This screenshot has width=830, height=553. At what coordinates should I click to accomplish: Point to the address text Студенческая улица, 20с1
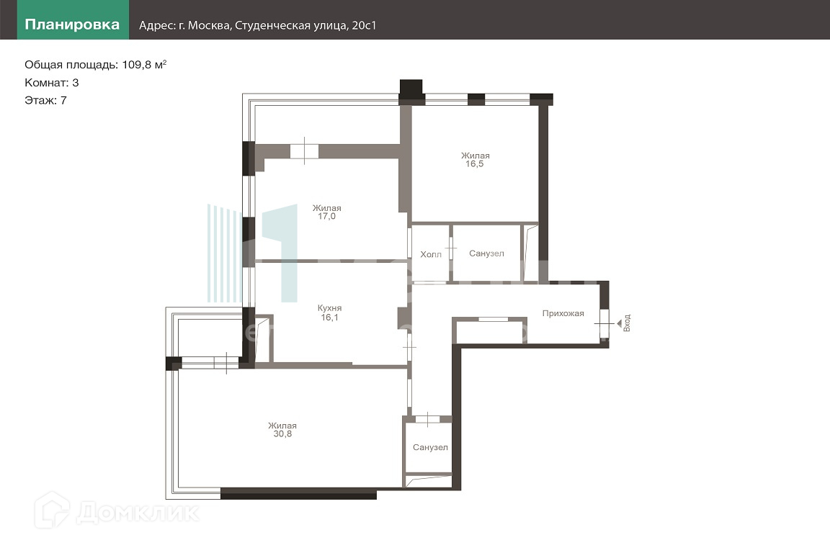[305, 25]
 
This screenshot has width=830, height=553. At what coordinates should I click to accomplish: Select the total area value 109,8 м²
[145, 65]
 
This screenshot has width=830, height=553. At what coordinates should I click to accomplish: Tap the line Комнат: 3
[51, 83]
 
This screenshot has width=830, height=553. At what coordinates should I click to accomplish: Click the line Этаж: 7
[45, 101]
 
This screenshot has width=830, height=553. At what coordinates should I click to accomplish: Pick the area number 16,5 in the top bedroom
[475, 164]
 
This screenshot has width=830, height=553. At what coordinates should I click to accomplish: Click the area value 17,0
[326, 217]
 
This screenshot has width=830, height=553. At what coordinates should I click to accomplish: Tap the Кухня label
[329, 308]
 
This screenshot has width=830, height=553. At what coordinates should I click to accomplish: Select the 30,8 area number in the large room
[282, 434]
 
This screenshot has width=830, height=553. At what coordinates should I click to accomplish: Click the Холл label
[431, 255]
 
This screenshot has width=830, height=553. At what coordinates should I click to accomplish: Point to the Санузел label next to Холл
[486, 253]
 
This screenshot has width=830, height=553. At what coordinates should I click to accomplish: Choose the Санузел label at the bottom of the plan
[430, 448]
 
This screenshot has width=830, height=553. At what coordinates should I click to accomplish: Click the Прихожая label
[563, 313]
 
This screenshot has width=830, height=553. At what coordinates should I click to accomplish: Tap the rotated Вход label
[627, 323]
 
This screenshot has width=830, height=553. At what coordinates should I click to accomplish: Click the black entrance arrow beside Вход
[620, 323]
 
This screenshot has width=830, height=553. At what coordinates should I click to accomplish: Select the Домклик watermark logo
[117, 511]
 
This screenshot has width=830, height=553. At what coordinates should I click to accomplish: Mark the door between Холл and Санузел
[451, 248]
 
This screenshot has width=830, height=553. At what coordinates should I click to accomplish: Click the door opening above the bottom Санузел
[427, 420]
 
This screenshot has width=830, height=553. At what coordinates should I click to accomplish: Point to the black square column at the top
[411, 91]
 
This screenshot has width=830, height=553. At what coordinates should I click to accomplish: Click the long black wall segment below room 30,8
[298, 494]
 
